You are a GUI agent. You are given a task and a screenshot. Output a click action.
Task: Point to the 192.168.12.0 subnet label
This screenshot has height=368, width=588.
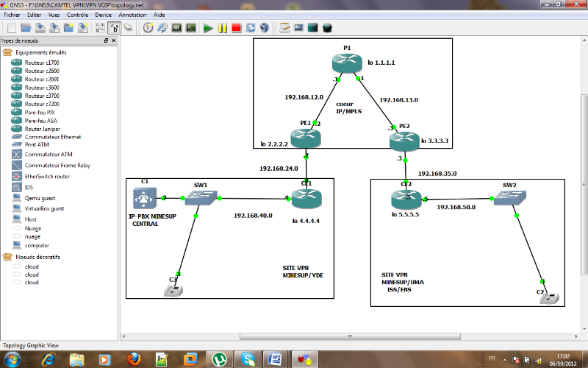304,96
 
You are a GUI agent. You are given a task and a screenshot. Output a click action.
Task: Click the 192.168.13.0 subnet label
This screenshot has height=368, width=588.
399,99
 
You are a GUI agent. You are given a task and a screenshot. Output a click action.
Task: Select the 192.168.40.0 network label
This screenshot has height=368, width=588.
253,216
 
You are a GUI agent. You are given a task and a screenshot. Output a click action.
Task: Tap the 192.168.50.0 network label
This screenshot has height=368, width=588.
456,208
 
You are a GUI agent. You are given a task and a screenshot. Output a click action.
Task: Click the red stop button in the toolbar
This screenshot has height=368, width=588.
236,28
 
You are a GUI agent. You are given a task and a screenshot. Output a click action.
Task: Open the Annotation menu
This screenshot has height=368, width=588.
132,15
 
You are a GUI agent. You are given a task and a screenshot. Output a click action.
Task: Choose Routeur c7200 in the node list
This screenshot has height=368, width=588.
42,104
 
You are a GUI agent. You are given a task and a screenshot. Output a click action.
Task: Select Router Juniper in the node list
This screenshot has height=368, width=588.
43,128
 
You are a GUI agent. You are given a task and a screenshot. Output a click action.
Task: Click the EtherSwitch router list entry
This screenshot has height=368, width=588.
47,177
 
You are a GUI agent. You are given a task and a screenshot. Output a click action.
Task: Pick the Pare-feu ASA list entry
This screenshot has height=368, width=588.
40,120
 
